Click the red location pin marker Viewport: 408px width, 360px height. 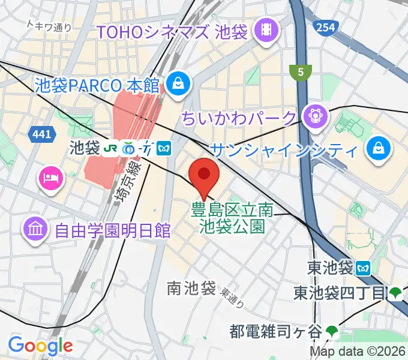pos(204,176)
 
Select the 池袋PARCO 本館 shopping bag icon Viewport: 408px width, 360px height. pos(179,83)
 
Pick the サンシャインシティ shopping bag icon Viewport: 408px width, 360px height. pos(379,148)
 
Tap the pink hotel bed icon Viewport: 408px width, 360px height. pos(49,177)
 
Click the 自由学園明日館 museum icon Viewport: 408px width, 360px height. pos(35,229)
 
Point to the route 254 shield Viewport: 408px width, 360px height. pos(324,27)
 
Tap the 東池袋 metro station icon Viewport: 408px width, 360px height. pos(364,267)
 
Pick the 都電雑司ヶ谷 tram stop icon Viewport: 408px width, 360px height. pos(332,330)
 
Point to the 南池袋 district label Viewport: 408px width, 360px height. pos(191,289)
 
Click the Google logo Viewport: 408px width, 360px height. pos(40,346)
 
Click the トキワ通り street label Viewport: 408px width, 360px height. pos(50,26)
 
